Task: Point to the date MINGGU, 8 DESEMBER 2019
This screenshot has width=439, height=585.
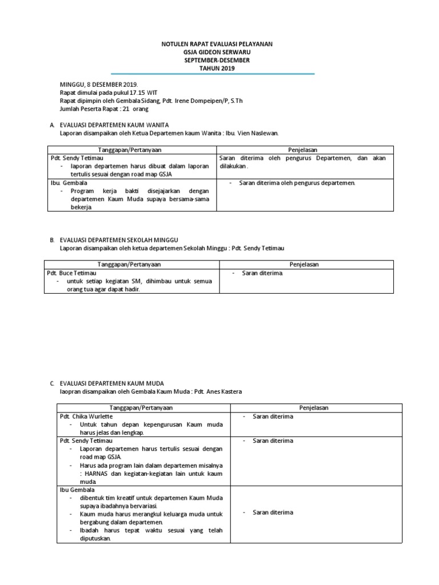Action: pos(99,84)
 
